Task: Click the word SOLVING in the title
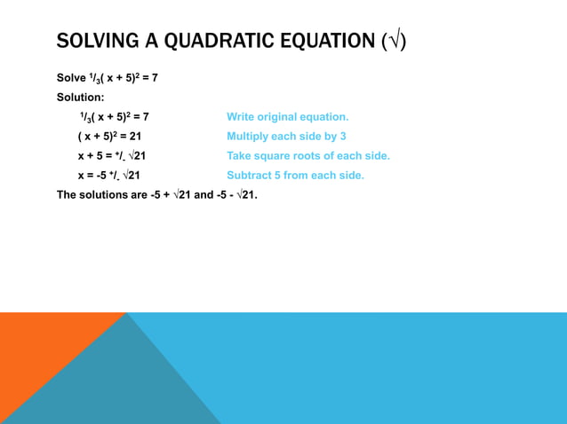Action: point(96,41)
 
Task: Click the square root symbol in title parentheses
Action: point(394,41)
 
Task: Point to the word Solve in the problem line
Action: point(71,78)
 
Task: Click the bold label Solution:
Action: point(81,97)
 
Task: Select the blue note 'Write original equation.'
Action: point(288,116)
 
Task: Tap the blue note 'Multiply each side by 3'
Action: point(286,136)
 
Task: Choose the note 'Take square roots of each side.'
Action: point(308,155)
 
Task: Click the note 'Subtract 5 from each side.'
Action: point(296,175)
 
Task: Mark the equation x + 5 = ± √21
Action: point(112,155)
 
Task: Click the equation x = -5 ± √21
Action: point(109,175)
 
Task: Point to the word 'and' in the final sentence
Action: point(204,194)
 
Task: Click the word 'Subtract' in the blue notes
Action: point(250,175)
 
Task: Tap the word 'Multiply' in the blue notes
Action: point(249,136)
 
